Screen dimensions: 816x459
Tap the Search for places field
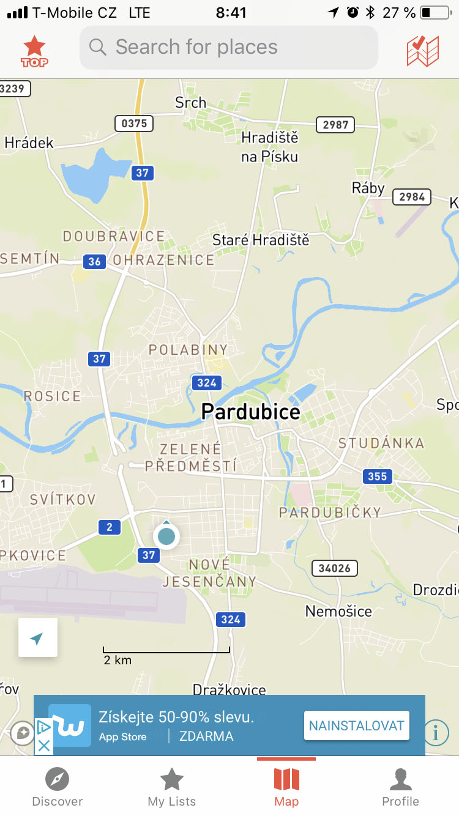228,48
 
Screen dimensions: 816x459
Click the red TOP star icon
34,51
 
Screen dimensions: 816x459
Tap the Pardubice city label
251,412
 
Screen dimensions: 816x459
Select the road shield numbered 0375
134,124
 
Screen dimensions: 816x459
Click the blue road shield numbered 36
94,262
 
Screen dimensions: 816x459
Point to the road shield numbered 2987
335,125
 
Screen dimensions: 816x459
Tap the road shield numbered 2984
412,197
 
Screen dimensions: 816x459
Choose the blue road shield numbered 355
378,476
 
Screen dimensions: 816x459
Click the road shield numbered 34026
335,568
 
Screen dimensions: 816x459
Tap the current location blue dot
166,536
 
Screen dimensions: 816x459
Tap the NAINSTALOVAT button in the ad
356,726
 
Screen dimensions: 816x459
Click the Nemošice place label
338,611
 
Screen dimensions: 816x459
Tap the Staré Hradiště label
261,240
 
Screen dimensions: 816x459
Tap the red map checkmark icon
422,51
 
